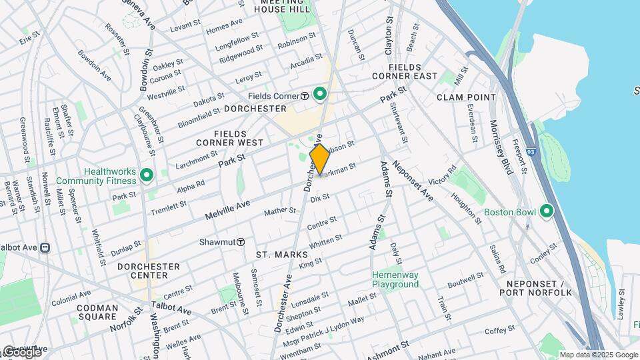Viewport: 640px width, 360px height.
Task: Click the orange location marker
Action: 319,159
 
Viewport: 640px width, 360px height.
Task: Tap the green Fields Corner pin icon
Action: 320,95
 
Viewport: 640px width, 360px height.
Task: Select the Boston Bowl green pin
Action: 547,212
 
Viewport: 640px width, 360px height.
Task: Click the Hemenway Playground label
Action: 395,279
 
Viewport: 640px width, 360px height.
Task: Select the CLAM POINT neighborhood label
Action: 466,97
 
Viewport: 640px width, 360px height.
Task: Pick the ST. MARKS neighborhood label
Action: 282,255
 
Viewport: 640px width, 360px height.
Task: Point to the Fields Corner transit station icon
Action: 304,95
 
